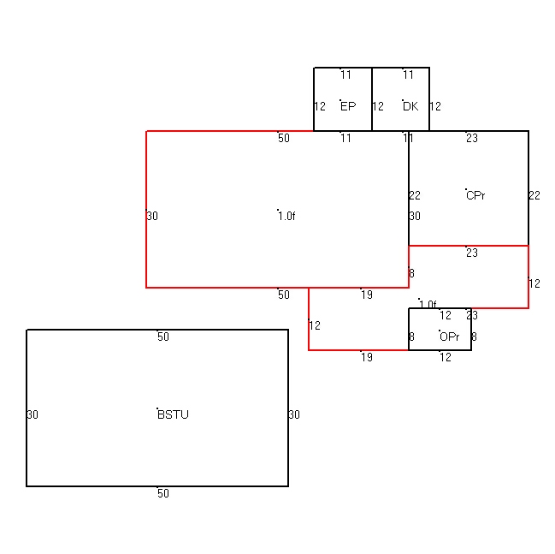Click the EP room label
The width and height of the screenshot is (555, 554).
(348, 106)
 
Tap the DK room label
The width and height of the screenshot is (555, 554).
(410, 106)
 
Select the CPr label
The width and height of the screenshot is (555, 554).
(475, 195)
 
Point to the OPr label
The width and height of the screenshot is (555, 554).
(450, 337)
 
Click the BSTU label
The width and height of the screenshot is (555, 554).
(173, 414)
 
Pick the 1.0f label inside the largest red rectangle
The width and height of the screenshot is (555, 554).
(286, 216)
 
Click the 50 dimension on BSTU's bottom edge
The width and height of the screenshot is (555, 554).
(163, 493)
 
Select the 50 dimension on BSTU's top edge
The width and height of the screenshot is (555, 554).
(163, 337)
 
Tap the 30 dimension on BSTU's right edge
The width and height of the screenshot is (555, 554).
(294, 414)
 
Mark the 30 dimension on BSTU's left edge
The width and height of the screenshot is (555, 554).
(32, 414)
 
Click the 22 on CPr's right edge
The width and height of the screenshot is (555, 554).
(534, 195)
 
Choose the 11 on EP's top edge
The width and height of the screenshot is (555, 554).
(345, 74)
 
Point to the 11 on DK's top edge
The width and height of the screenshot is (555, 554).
(408, 74)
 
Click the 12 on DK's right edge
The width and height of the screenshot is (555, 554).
(435, 106)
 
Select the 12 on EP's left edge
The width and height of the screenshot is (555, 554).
(320, 106)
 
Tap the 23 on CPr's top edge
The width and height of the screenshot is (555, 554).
(472, 138)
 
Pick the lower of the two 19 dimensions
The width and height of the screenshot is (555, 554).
(367, 357)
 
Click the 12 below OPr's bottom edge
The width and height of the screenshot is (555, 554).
(446, 357)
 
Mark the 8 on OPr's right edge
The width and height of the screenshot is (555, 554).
(475, 337)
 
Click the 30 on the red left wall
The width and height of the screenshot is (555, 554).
(152, 216)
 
